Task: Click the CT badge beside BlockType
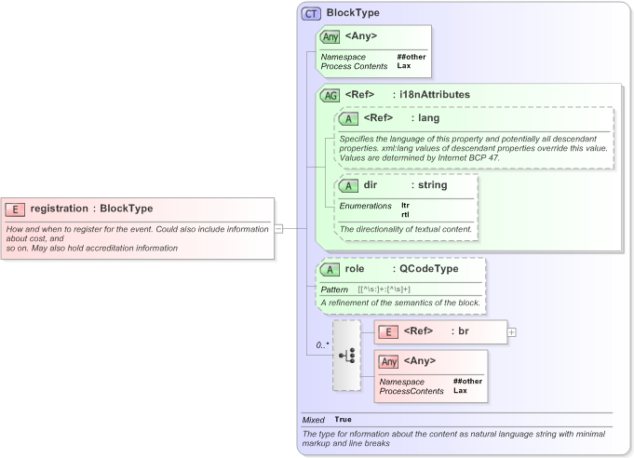coord(312,14)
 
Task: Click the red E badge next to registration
coord(15,209)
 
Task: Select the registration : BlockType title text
coord(91,209)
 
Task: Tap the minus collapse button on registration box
coord(278,227)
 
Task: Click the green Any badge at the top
coord(330,37)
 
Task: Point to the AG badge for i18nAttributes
coord(330,95)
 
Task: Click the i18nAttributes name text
coord(436,95)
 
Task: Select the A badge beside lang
coord(349,119)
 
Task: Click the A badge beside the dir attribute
coord(349,186)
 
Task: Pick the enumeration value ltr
coord(405,205)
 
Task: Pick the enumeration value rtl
coord(405,214)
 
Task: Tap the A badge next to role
coord(330,270)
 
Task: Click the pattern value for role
coord(384,290)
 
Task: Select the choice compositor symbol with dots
coord(346,356)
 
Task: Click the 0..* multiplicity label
coord(322,345)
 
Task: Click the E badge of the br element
coord(388,332)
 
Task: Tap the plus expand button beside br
coord(511,331)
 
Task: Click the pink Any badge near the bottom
coord(389,361)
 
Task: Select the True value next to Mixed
coord(344,420)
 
